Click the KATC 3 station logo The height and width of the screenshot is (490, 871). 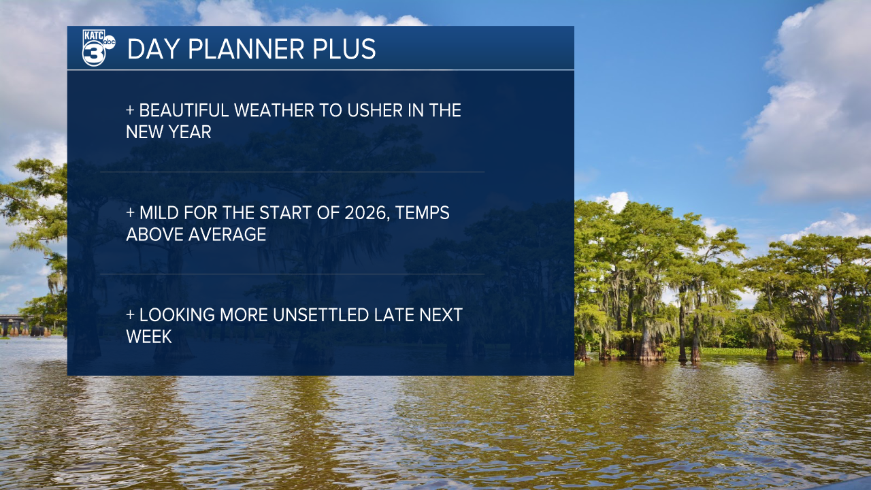[x=99, y=48]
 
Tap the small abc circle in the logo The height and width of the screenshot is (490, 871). [x=110, y=42]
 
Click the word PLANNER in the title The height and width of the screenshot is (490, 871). [x=246, y=49]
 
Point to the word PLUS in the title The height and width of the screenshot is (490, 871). [x=344, y=49]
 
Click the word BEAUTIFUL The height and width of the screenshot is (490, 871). [x=184, y=110]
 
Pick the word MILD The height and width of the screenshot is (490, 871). [x=159, y=213]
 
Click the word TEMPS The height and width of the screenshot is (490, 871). [x=423, y=213]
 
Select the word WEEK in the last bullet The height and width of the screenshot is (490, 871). [x=149, y=337]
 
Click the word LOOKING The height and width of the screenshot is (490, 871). [x=177, y=315]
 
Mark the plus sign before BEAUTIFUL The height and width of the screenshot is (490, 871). [x=130, y=110]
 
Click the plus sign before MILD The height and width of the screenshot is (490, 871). [x=130, y=213]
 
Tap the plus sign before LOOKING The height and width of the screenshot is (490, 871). [x=130, y=315]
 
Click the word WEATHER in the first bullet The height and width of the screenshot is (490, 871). [x=274, y=110]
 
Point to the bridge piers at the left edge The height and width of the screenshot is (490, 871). [x=25, y=328]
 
